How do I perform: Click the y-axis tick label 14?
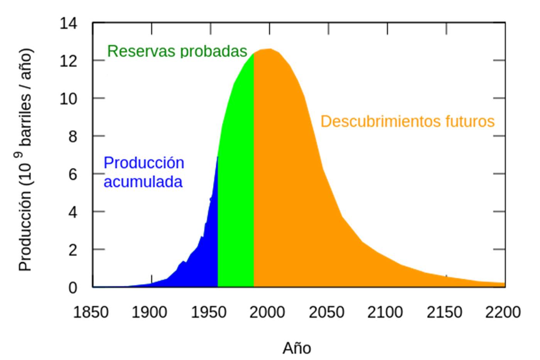point(69,24)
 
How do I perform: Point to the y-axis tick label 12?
point(69,61)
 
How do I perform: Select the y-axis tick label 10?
point(69,99)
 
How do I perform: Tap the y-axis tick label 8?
point(73,137)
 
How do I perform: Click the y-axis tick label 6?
point(73,174)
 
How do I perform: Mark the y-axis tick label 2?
point(73,250)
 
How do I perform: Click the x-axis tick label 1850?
point(91,312)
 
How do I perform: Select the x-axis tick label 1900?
point(150,312)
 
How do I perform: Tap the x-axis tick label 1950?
point(209,312)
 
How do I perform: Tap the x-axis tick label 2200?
point(503,312)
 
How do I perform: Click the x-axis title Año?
point(297,348)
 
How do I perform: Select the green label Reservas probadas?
point(177,51)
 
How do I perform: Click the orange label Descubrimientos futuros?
point(407,122)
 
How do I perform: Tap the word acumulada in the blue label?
point(143,182)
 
